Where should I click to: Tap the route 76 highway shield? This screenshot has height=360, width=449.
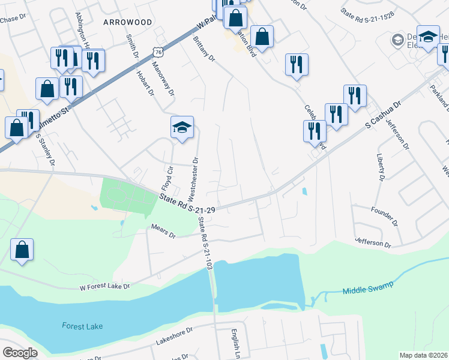[x=157, y=52]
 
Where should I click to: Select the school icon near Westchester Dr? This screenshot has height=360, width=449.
[x=182, y=128]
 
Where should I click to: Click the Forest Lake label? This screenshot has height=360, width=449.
[x=82, y=326]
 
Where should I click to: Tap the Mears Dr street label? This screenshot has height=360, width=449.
[x=163, y=232]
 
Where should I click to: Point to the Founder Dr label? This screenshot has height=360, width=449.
[x=386, y=211]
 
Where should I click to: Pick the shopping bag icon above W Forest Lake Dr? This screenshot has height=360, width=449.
[x=22, y=250]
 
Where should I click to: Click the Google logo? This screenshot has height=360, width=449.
[x=20, y=353]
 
